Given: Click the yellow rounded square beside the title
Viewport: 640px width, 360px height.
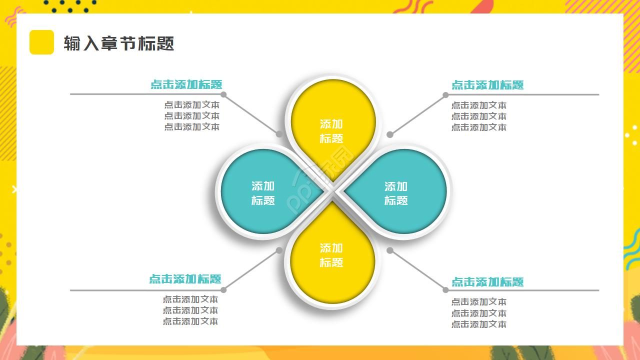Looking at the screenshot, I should coord(41,42).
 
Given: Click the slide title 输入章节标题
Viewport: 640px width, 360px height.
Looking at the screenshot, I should coord(119,43).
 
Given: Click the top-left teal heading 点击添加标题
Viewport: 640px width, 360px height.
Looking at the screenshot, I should coord(186,84).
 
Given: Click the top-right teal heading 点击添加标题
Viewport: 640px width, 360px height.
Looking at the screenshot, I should coord(487,85).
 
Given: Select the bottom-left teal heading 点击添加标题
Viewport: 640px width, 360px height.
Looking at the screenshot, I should coord(185,279).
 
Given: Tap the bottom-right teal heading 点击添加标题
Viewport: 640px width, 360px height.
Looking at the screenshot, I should coord(487,282).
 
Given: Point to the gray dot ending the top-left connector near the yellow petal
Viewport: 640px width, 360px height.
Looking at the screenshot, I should coord(279,134).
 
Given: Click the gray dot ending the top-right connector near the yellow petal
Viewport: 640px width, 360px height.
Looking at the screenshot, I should coord(390,134).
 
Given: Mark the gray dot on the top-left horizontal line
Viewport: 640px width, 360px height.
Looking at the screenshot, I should coord(223,94).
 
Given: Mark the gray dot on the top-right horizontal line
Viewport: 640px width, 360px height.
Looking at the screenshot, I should coord(445,94).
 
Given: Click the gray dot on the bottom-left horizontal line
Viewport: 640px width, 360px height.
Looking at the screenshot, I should coord(223,290).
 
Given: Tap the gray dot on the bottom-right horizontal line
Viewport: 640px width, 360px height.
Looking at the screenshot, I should coord(445,290).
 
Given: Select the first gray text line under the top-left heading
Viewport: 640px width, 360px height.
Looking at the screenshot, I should coord(192,105).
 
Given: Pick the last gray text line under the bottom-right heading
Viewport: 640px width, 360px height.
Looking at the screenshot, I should coord(479,324).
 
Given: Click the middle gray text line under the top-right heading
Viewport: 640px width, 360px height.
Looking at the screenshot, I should coord(479,116).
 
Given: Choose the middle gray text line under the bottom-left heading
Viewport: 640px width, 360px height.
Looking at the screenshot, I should coord(190,310).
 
